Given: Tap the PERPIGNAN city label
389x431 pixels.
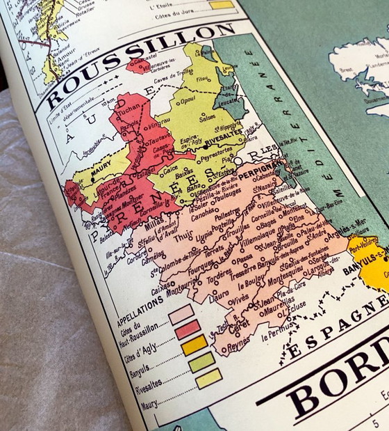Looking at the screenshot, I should (x=261, y=168).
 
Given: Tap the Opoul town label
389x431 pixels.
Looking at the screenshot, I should (x=186, y=100).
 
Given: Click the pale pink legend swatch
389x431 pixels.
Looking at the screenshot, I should (x=180, y=314).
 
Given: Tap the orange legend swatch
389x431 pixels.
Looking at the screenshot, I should (x=194, y=344).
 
